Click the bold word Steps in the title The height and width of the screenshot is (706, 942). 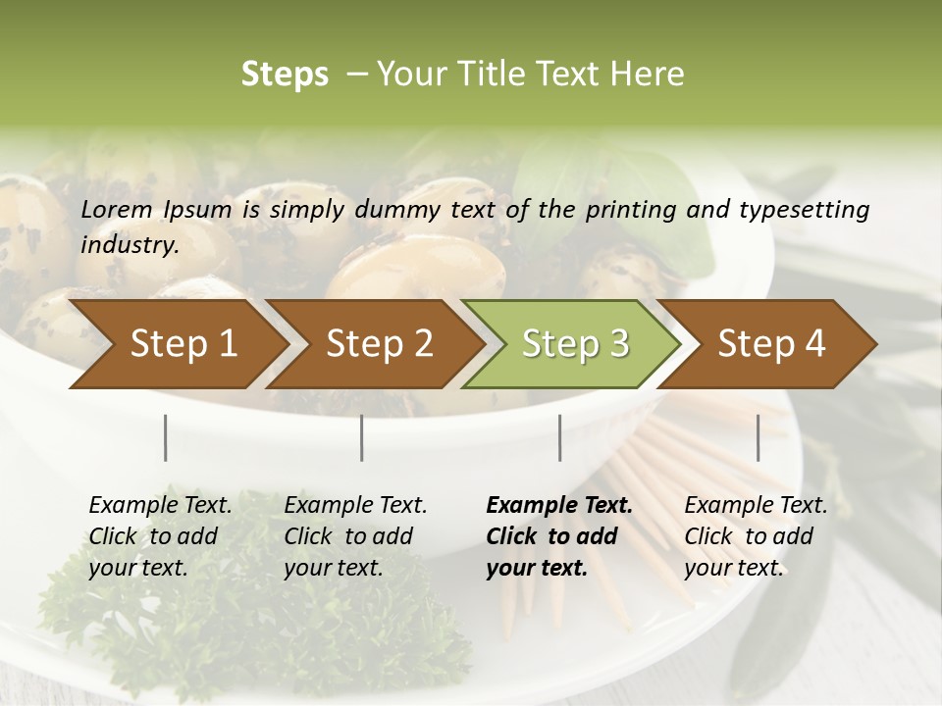click(x=285, y=75)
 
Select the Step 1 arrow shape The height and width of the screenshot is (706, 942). click(x=177, y=344)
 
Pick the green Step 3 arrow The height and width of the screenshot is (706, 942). click(x=573, y=344)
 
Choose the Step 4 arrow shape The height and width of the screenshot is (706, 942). click(x=769, y=344)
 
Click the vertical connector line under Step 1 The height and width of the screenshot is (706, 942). click(x=166, y=437)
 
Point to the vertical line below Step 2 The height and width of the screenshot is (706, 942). click(x=362, y=437)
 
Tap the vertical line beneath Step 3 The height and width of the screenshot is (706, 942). click(x=559, y=437)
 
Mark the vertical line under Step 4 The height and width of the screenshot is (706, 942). click(x=758, y=437)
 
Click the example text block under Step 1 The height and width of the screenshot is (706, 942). click(x=160, y=536)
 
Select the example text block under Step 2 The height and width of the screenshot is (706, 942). click(x=355, y=536)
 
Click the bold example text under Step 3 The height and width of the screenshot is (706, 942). click(x=559, y=536)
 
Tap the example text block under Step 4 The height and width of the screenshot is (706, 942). click(x=756, y=536)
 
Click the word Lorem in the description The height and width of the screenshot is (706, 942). click(x=117, y=210)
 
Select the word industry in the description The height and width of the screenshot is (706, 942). click(x=130, y=245)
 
